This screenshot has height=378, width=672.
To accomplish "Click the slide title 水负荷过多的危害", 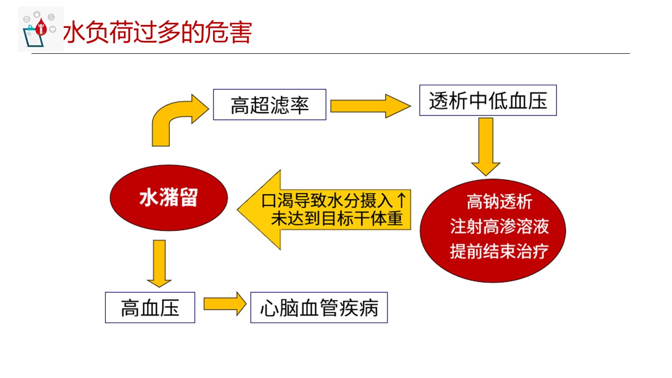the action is (157, 32).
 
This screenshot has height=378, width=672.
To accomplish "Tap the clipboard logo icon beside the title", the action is (41, 29).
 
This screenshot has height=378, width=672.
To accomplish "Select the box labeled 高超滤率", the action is (269, 105).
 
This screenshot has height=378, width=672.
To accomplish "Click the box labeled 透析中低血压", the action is (488, 100).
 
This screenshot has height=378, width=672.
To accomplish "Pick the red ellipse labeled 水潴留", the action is (169, 198).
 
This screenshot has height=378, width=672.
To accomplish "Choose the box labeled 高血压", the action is (150, 307).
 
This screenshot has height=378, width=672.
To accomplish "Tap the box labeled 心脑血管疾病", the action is (319, 307).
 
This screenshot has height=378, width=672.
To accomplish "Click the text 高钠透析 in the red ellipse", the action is (499, 202).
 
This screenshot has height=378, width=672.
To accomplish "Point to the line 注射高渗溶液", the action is (499, 227).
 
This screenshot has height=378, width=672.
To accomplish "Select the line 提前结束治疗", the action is (499, 252).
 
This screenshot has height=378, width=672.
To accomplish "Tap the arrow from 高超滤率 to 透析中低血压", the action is (370, 106).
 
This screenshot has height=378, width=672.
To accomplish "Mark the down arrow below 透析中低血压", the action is (486, 146).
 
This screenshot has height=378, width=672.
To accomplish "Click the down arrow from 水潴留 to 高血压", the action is (159, 263).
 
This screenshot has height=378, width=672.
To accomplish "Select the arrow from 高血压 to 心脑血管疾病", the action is (225, 304).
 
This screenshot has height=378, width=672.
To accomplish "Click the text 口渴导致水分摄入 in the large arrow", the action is (327, 201).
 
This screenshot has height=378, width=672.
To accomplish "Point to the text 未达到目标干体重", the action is (336, 219).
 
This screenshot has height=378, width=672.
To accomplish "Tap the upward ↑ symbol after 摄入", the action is (401, 200).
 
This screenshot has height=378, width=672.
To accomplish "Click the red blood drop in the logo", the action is (41, 26).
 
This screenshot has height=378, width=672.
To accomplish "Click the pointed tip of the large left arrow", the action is (237, 210).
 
